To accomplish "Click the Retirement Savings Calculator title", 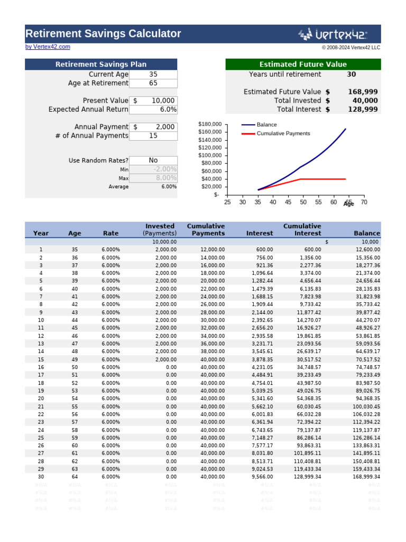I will (x=103, y=34).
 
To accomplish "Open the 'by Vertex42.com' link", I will (x=48, y=47).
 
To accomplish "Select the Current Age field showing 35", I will (x=153, y=75).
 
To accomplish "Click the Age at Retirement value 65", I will (x=153, y=83).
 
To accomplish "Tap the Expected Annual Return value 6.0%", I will (x=153, y=109).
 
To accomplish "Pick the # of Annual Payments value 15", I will (x=153, y=135).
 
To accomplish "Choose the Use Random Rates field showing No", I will (x=153, y=160).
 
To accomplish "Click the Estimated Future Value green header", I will (x=303, y=65).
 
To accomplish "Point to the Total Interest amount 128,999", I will (x=363, y=109).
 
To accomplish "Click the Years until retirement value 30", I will (x=351, y=75).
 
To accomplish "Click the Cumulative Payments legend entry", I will (x=283, y=133).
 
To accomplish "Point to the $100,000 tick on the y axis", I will (x=210, y=155).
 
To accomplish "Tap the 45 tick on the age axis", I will (x=288, y=202).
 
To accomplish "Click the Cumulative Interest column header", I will (x=302, y=230).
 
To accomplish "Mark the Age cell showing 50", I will (x=75, y=367).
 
